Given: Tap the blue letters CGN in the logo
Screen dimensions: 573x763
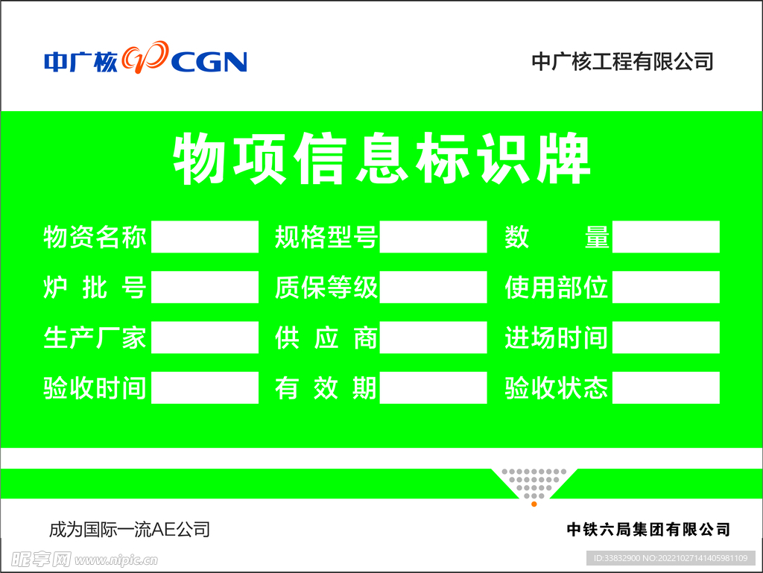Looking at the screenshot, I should [209, 62].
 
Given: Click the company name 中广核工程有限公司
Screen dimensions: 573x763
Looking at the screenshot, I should [622, 61].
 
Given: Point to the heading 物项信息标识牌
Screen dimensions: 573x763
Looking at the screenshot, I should [381, 159].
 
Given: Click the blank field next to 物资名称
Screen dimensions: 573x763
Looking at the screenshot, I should [205, 237].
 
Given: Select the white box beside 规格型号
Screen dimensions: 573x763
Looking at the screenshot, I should [433, 237].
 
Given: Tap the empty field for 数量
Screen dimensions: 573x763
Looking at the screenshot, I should [665, 237].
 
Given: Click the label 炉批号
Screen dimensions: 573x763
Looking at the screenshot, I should [95, 288].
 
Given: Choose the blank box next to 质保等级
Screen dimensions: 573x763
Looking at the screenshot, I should [433, 288].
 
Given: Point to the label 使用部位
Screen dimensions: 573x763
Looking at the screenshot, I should [557, 288].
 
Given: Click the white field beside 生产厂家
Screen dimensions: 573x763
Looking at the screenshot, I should [205, 338].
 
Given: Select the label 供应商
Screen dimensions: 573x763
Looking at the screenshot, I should [326, 338].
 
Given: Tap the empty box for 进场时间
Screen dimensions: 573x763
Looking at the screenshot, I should [665, 338].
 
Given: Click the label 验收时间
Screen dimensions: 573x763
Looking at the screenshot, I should [95, 388].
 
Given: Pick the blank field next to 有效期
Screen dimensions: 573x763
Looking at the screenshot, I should [433, 388].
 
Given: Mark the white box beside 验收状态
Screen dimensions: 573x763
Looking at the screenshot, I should [665, 388].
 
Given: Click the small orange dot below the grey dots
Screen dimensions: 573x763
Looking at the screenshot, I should [534, 504].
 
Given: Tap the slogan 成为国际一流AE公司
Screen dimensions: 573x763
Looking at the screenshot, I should [130, 530].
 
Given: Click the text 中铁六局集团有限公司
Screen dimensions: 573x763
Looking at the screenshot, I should [648, 530].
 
